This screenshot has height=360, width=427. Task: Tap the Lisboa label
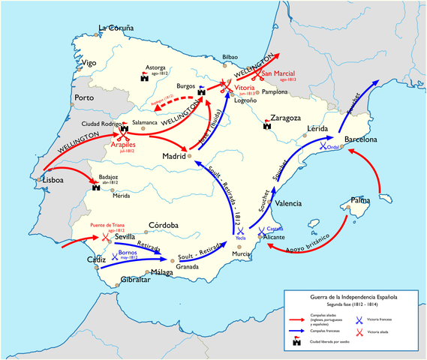point(53,180)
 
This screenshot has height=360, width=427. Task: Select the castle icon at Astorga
point(144,75)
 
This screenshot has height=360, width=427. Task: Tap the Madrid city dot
point(190,156)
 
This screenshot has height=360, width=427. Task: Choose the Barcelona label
point(365,139)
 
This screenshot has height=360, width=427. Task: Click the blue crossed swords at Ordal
point(323,146)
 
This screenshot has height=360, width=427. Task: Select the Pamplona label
point(273,91)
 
